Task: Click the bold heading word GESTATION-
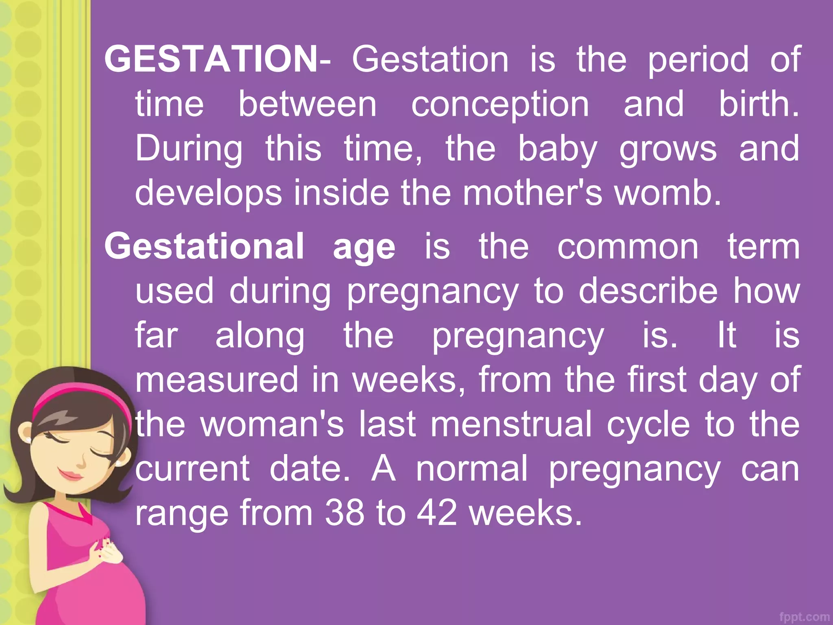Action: click(x=218, y=59)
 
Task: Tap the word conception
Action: click(x=500, y=105)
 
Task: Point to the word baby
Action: click(x=557, y=149)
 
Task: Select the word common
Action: click(x=628, y=247)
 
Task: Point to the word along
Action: click(x=259, y=336)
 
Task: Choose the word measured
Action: click(x=217, y=379)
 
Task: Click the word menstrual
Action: click(x=511, y=424)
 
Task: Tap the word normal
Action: click(x=472, y=468)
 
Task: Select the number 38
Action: click(x=344, y=513)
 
